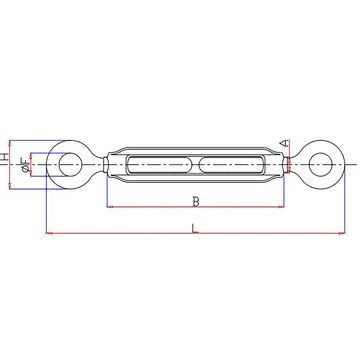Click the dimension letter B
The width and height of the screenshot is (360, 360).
pyautogui.click(x=196, y=202)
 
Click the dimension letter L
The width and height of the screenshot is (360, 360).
pyautogui.click(x=195, y=228)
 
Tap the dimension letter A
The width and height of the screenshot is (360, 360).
pyautogui.click(x=284, y=143)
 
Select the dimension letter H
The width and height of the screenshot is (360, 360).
pyautogui.click(x=4, y=157)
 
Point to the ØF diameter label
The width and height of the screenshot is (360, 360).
pyautogui.click(x=25, y=165)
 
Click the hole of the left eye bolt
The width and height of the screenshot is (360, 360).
pyautogui.click(x=70, y=164)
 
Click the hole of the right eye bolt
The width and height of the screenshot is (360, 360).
pyautogui.click(x=321, y=164)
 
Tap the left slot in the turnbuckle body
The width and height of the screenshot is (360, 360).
pyautogui.click(x=158, y=165)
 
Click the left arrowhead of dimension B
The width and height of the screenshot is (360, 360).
pyautogui.click(x=109, y=207)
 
